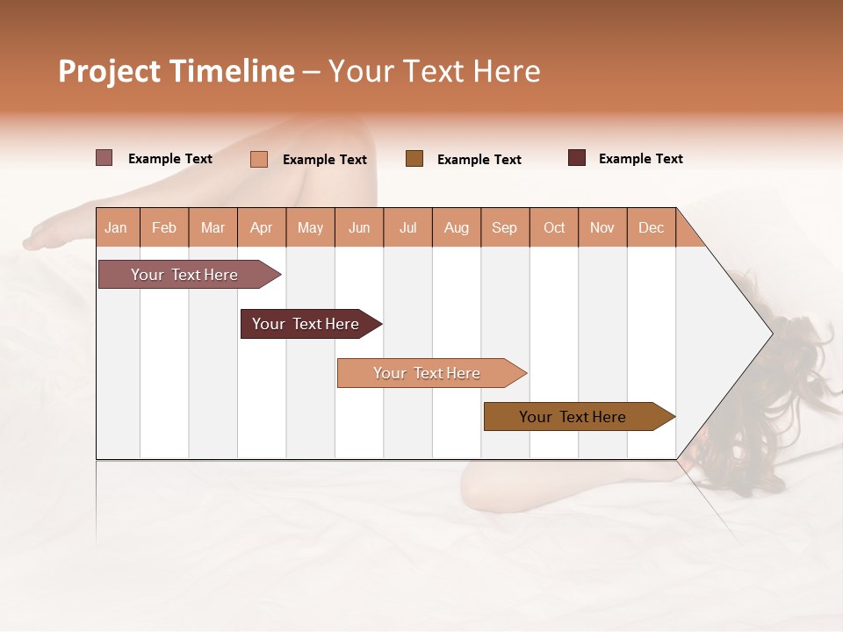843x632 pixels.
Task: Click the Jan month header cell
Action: pos(117,227)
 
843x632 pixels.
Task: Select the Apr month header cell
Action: pos(262,227)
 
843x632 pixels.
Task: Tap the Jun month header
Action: pos(359,227)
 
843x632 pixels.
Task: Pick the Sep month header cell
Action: pos(505,227)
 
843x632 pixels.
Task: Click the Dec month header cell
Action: pos(651,227)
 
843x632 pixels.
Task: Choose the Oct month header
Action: pos(554,227)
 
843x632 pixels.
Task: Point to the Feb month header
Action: pos(164,227)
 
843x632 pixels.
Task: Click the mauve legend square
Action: pos(104,158)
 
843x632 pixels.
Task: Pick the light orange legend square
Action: pos(258,159)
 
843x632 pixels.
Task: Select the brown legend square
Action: pos(414,159)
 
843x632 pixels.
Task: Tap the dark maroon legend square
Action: pos(577,158)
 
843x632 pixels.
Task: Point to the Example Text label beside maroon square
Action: pos(640,159)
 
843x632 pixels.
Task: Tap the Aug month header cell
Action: pos(457,227)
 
